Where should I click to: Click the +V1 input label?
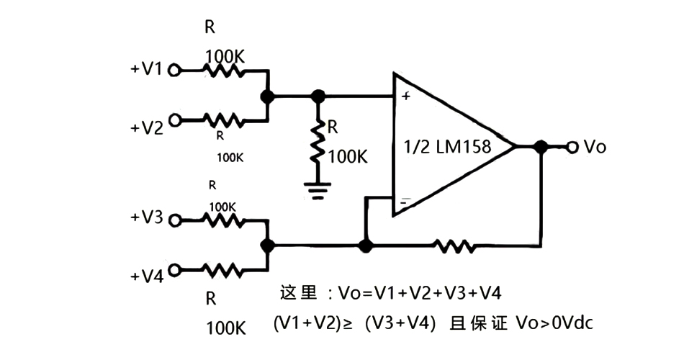coord(146,69)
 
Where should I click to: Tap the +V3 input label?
coord(146,218)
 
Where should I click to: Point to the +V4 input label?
coord(146,276)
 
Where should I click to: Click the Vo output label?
coord(595,147)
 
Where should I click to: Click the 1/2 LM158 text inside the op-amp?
coord(448,148)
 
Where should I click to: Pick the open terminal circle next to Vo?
coord(572,147)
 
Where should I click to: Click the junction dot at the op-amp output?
coord(540,147)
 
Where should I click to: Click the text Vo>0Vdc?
coord(554,323)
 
